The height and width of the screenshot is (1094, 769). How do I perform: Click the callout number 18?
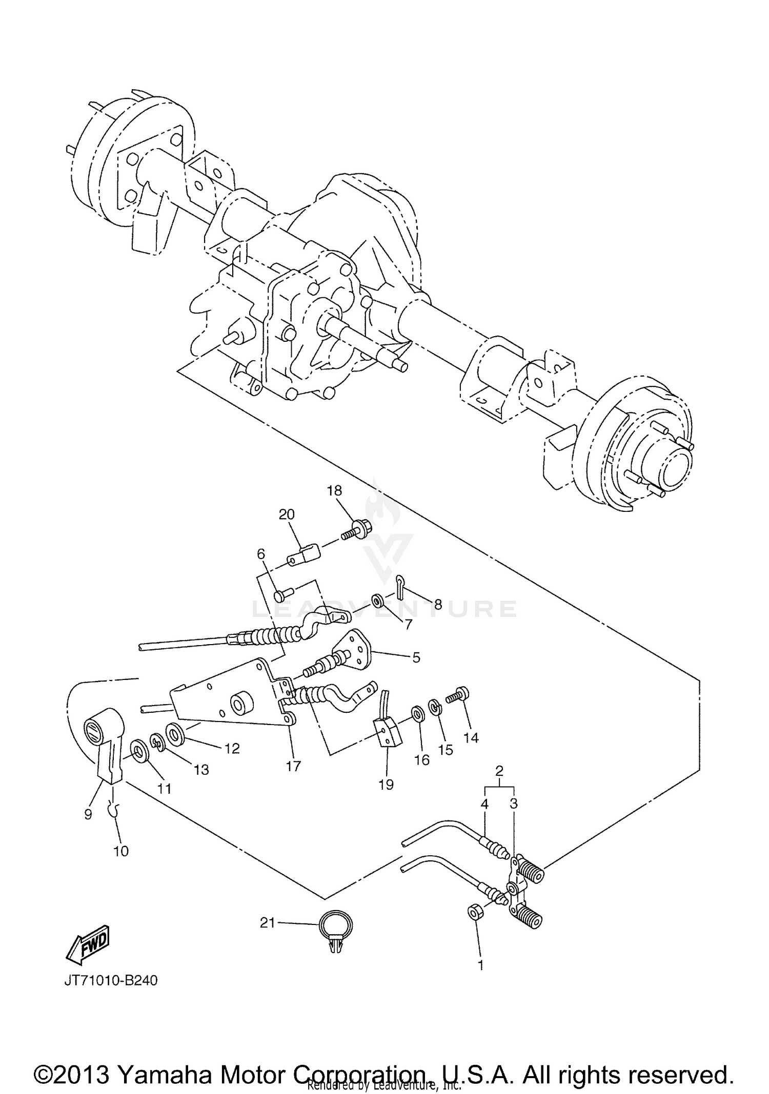[x=334, y=490]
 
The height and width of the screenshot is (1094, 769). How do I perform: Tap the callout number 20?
[x=287, y=514]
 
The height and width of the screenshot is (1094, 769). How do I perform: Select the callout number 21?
[x=267, y=923]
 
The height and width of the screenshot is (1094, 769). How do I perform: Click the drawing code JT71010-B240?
[x=111, y=980]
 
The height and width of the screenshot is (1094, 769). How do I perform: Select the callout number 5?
[x=416, y=657]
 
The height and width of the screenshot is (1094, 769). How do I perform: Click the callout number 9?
[x=88, y=814]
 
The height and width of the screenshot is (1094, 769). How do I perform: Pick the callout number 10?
[x=121, y=851]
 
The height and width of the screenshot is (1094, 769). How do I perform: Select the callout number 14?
[x=471, y=737]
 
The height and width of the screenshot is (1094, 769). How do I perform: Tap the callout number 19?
[x=386, y=785]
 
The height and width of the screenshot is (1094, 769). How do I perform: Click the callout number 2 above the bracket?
[x=499, y=770]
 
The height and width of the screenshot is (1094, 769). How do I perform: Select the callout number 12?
[x=232, y=749]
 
